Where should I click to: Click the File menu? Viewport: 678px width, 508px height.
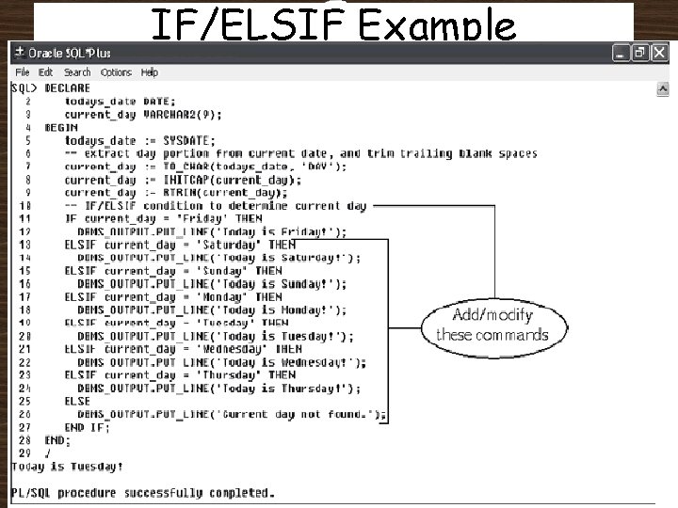pyautogui.click(x=23, y=72)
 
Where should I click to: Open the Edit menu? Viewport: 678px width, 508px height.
pyautogui.click(x=46, y=72)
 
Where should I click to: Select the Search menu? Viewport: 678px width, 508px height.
pyautogui.click(x=77, y=72)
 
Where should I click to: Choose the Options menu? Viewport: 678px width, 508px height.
pyautogui.click(x=116, y=72)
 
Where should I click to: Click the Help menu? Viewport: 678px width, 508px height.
pyautogui.click(x=149, y=72)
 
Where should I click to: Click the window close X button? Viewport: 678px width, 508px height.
pyautogui.click(x=659, y=54)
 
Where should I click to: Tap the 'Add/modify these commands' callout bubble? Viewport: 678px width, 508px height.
pyautogui.click(x=492, y=325)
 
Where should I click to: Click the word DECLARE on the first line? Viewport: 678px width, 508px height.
pyautogui.click(x=68, y=87)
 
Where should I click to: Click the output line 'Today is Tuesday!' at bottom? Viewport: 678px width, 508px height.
pyautogui.click(x=67, y=466)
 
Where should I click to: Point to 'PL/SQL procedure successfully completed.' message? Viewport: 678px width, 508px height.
pyautogui.click(x=143, y=492)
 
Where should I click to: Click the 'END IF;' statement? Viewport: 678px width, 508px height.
pyautogui.click(x=87, y=426)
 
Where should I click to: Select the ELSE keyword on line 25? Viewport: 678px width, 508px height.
pyautogui.click(x=77, y=401)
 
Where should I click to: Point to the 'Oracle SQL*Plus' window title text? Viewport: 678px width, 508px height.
pyautogui.click(x=70, y=54)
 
